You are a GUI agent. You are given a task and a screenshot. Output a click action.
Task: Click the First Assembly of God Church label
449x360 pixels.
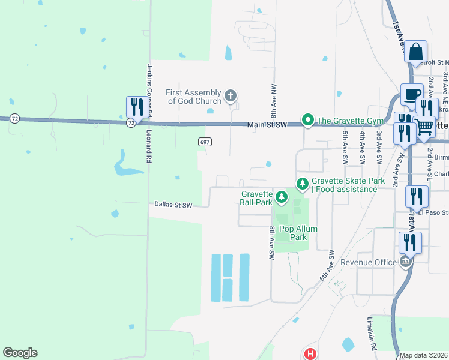[x=194, y=97]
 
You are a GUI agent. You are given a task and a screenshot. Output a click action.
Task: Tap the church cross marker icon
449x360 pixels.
[x=230, y=95]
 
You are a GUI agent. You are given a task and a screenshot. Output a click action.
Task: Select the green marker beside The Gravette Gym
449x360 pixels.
[x=308, y=121]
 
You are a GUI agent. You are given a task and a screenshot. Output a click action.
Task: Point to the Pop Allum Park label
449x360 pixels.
[x=298, y=233]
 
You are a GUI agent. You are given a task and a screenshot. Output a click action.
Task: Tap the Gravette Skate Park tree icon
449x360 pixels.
[x=303, y=182]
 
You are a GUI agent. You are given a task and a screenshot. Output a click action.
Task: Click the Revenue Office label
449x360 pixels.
[x=369, y=262]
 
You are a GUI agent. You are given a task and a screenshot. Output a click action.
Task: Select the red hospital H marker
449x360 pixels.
[x=310, y=354]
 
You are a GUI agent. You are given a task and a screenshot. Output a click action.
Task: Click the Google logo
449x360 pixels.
[x=20, y=353]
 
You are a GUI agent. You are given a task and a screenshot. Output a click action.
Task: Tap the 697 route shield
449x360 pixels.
[x=205, y=140]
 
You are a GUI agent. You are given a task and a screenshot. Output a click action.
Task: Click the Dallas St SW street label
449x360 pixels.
[x=173, y=205]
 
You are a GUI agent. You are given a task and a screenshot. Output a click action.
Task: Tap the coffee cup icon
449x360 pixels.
[x=411, y=95]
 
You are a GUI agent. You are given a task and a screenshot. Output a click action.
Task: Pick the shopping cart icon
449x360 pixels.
[x=424, y=126]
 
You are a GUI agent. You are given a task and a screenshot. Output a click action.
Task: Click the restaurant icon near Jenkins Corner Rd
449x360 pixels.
[x=136, y=108]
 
